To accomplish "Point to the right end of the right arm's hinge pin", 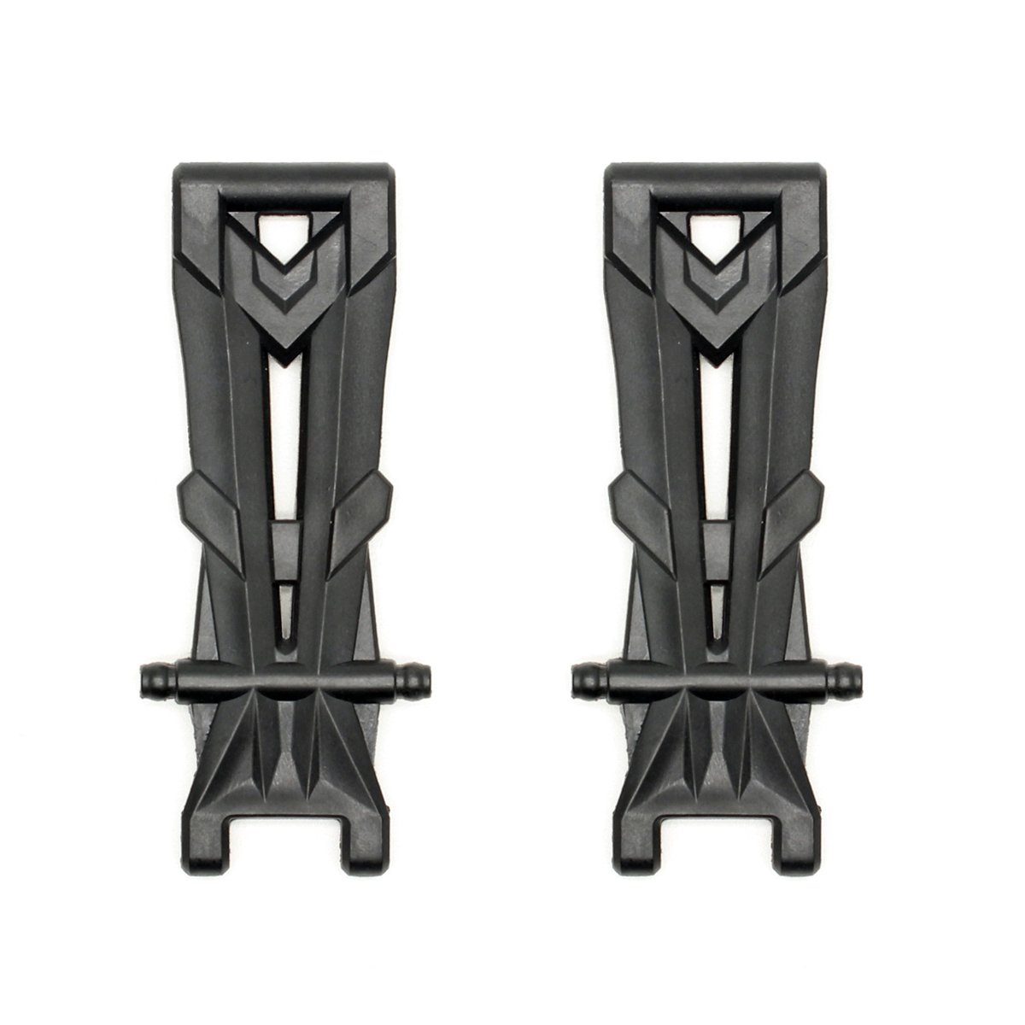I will [x=853, y=681].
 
